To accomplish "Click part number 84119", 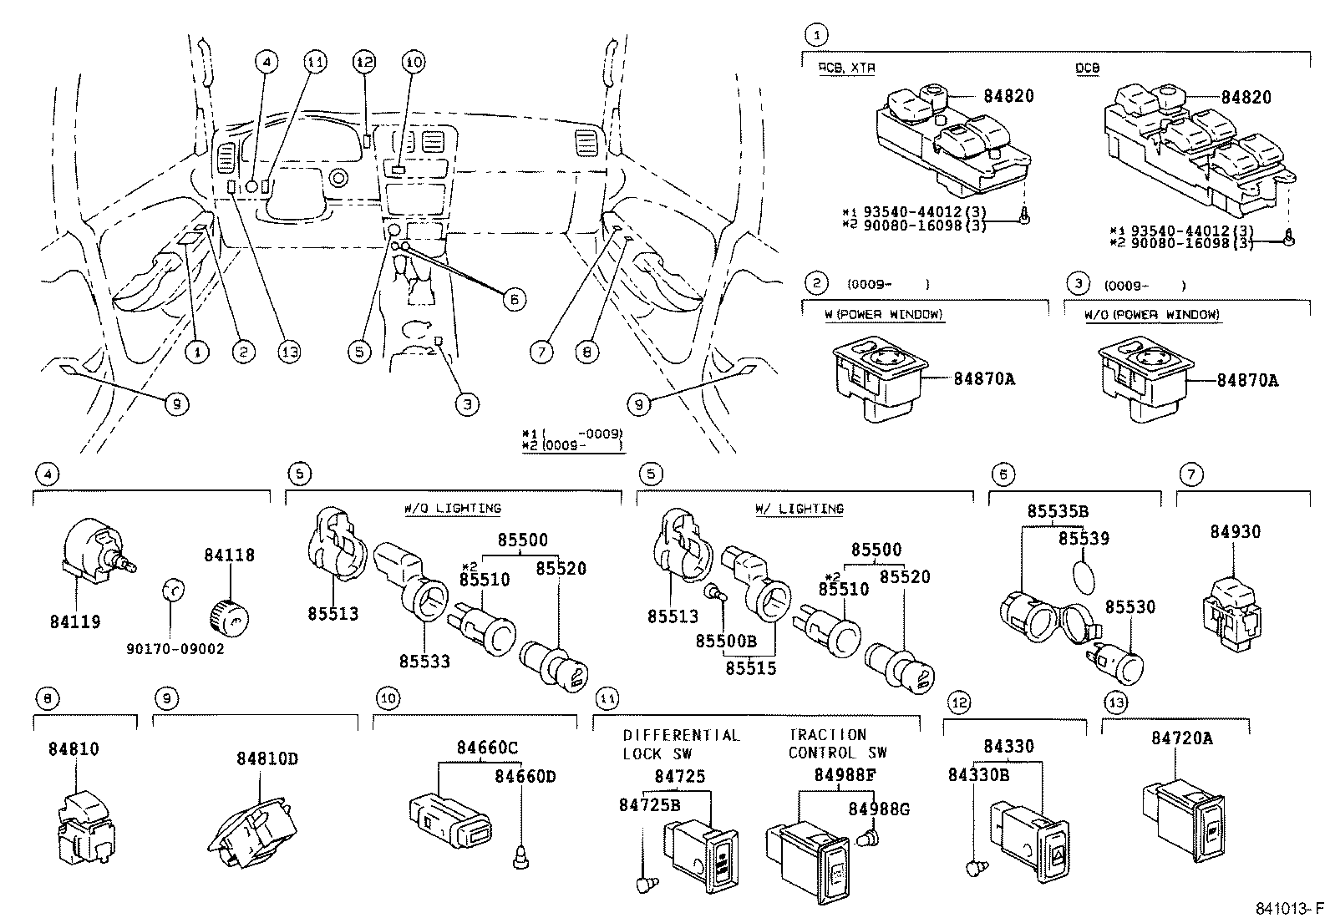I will [75, 621].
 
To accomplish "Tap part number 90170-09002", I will [175, 648].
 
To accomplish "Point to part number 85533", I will [424, 662].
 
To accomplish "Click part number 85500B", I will [726, 641].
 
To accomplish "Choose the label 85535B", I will [1058, 512].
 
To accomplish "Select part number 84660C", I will [487, 748].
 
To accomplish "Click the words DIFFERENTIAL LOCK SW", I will [681, 743].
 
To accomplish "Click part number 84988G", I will [879, 809].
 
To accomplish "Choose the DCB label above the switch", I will [1087, 68].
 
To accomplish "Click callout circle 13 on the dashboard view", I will [289, 352].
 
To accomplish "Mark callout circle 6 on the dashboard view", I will [515, 298].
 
